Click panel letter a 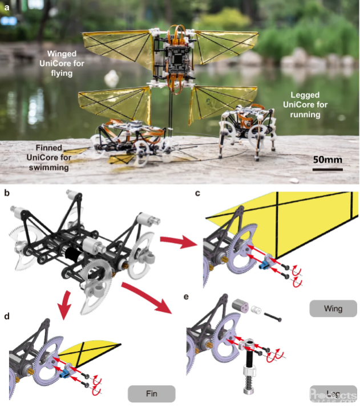pos(6,7)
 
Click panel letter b pos(6,192)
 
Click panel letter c pos(197,192)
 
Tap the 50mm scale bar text pos(327,159)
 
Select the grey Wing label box pos(333,308)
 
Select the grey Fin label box pos(151,393)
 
